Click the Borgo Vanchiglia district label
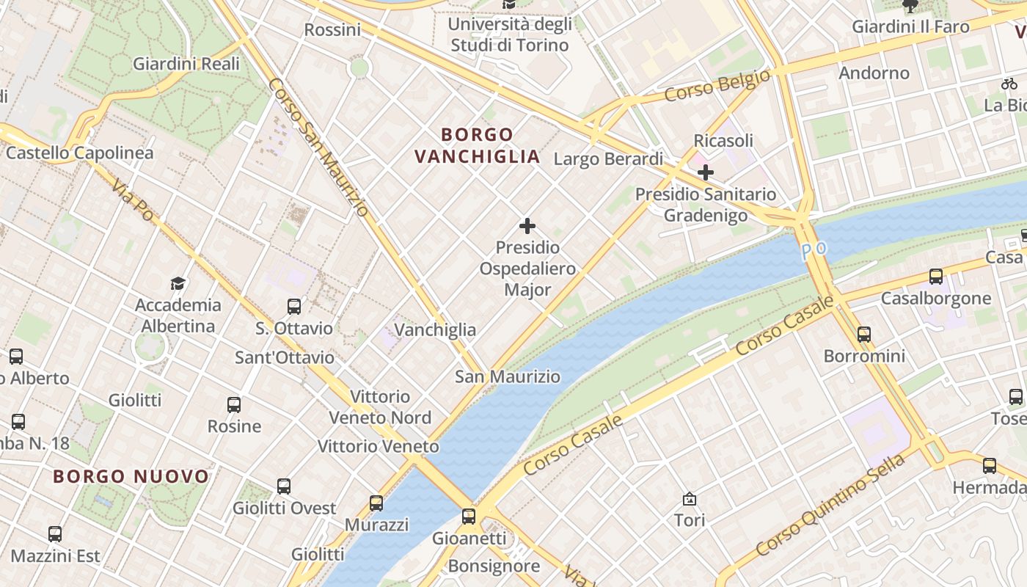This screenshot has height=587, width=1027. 478,145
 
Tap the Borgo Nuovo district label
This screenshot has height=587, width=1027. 131,477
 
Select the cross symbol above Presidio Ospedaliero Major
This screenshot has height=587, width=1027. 527,226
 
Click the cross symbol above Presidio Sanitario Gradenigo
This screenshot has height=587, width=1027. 706,173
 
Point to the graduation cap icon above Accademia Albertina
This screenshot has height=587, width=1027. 178,283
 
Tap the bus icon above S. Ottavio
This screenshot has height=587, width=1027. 294,307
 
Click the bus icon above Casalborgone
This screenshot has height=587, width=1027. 936,277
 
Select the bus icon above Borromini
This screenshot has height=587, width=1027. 864,335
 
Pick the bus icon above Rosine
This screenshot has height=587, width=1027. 234,404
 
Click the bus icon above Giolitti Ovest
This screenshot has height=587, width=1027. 284,486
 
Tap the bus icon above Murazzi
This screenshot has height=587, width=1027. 376,503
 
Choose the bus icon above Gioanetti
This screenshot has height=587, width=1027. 469,516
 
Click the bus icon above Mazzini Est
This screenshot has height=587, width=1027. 55,534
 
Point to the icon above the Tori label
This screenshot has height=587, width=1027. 690,499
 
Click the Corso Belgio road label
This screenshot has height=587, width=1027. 717,86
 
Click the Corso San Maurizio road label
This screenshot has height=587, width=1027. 318,147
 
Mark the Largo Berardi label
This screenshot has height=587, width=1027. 608,158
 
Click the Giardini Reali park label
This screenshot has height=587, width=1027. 186,64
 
